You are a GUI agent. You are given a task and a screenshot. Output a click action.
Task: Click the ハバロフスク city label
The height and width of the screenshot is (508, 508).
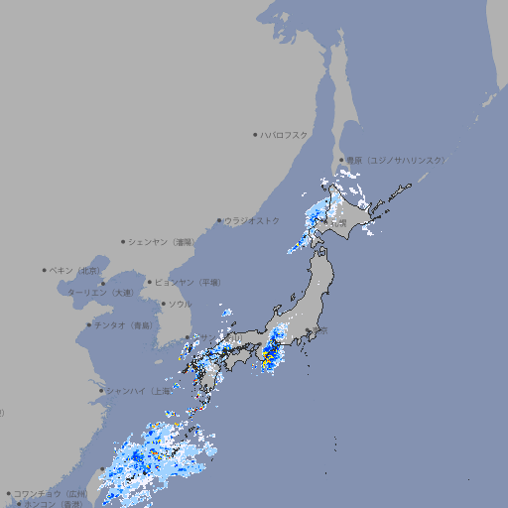point(285,134)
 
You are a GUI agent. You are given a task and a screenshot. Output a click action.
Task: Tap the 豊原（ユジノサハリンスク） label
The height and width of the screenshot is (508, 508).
point(394,160)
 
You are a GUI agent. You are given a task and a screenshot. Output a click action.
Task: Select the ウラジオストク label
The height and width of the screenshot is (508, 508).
point(252,220)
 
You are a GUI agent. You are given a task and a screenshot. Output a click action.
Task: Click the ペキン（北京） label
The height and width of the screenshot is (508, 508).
point(75,270)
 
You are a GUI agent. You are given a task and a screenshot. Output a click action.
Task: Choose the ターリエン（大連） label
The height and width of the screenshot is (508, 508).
point(100,293)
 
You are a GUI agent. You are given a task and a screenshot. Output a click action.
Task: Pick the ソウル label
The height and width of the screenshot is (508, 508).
point(180,304)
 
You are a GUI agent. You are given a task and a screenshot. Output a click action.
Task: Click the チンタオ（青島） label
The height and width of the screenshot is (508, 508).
point(122,324)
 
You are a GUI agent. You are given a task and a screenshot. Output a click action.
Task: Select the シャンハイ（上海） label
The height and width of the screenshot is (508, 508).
point(139,391)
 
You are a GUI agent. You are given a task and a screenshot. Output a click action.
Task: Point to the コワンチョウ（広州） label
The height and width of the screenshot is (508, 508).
point(50,493)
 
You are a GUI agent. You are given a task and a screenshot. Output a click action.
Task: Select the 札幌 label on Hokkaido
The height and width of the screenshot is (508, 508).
point(339,223)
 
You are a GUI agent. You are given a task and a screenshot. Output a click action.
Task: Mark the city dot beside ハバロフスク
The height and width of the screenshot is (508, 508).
point(255,134)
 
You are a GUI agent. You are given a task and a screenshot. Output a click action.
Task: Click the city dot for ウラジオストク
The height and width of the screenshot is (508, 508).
point(219,220)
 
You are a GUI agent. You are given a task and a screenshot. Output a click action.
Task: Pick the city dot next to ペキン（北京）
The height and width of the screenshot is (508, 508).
point(45,270)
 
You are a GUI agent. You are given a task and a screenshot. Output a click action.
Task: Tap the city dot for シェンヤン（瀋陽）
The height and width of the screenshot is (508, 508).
point(124,241)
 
